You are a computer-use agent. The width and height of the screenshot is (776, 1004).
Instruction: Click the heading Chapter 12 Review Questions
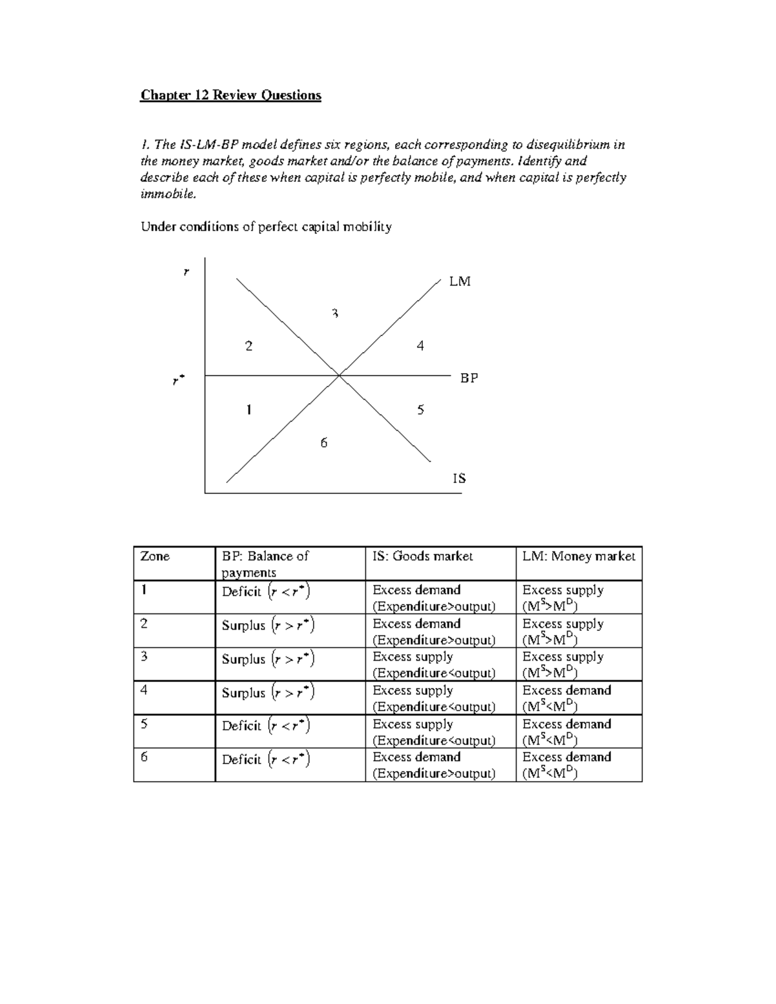(231, 96)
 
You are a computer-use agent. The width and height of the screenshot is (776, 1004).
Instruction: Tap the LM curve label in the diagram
(460, 282)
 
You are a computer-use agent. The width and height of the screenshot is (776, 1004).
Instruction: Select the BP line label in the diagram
(469, 378)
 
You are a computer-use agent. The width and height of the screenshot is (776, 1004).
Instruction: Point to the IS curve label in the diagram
(459, 478)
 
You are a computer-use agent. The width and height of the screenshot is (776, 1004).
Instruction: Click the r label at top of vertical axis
(186, 273)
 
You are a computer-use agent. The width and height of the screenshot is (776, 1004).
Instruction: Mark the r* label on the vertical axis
(178, 381)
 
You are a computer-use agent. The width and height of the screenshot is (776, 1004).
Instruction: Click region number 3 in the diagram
(335, 314)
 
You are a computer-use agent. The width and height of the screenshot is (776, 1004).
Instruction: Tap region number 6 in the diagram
(324, 443)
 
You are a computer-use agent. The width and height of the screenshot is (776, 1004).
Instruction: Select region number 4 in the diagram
(420, 346)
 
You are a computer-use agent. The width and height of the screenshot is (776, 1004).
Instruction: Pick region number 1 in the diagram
(248, 410)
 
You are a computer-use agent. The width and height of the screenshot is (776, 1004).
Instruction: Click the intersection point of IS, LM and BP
(339, 374)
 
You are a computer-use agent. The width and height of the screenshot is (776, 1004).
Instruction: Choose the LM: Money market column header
(579, 557)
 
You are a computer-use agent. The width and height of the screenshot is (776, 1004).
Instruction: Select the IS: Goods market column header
(423, 557)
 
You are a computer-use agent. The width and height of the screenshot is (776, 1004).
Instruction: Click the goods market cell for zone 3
(433, 665)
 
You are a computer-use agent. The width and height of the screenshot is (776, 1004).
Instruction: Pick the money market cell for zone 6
(566, 765)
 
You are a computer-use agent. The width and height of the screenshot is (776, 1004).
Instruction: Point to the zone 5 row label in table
(144, 724)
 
